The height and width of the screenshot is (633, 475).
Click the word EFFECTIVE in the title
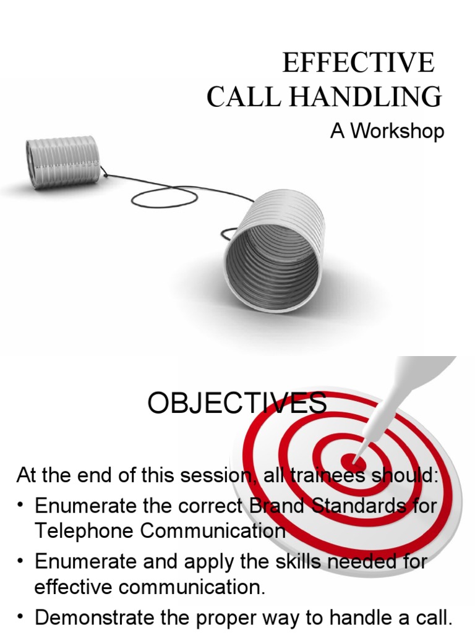(358, 63)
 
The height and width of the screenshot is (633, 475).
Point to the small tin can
(62, 160)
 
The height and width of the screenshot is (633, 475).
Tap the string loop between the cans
(165, 197)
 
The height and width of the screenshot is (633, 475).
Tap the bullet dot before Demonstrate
(21, 616)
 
